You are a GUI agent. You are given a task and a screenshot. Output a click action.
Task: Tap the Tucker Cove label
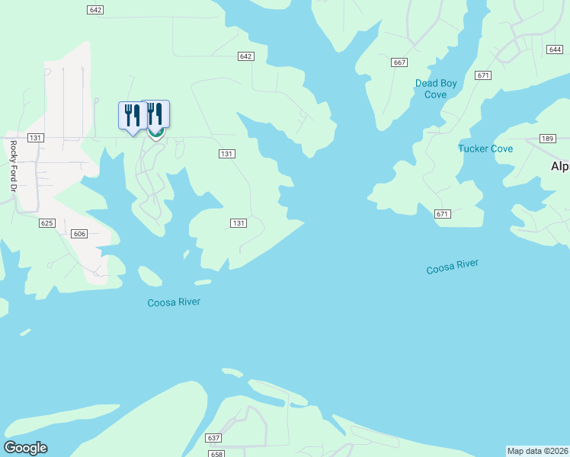tap(485, 149)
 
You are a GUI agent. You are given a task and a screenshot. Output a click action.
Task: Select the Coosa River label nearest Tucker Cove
tap(452, 267)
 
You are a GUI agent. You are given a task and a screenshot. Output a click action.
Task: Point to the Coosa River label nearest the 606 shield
tap(174, 302)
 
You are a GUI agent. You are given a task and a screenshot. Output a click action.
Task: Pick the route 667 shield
tap(399, 62)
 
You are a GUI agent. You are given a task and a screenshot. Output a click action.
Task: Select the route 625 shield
tap(47, 223)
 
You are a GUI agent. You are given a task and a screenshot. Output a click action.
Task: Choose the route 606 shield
tap(80, 234)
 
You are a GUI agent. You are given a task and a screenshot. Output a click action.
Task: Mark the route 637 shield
tap(213, 438)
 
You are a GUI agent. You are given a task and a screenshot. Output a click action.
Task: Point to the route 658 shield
tap(217, 454)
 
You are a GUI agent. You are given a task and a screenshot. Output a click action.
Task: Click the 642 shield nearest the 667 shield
tap(245, 56)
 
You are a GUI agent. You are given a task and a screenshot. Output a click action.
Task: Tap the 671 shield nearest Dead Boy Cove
tap(482, 75)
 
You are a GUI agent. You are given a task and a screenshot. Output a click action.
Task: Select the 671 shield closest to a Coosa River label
tap(443, 214)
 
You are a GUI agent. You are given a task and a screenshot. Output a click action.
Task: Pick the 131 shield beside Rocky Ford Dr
tap(34, 138)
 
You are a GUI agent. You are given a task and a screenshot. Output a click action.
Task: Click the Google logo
tap(25, 448)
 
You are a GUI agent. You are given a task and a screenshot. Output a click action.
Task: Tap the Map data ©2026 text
tap(537, 450)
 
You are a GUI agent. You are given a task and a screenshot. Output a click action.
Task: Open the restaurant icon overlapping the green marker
tap(156, 115)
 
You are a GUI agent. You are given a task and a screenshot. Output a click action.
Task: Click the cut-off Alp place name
tap(560, 166)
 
